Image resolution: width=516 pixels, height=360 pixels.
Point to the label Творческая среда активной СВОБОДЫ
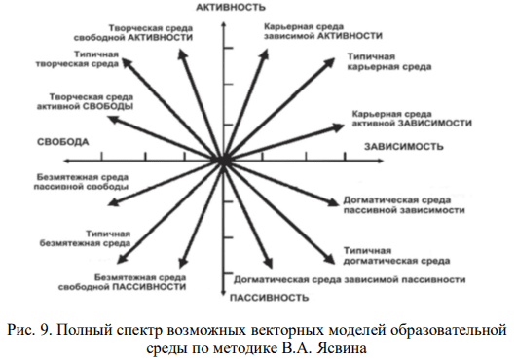(x=85, y=103)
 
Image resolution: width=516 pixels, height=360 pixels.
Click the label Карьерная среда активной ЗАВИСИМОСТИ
(x=411, y=119)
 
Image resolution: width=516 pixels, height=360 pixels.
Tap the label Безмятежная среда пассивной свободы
(x=71, y=184)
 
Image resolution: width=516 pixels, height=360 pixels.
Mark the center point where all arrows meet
(x=223, y=159)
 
